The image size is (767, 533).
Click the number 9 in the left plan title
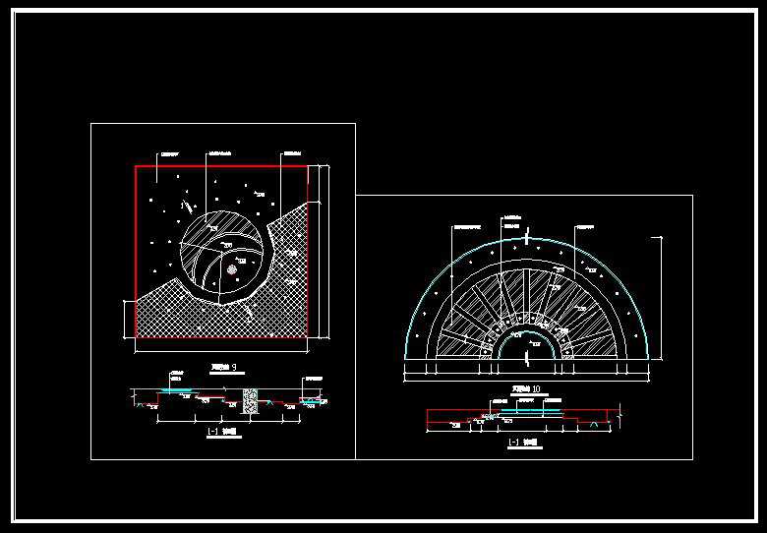[x=232, y=368]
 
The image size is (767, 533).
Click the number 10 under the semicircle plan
[x=534, y=388]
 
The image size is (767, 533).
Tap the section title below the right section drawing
[x=521, y=442]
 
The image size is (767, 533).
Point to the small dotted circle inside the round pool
[x=231, y=267]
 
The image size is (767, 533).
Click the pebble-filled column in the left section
[x=249, y=399]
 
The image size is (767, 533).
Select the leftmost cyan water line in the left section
[x=178, y=390]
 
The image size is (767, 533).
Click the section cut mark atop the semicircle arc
[x=528, y=237]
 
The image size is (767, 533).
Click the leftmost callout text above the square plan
[x=171, y=153]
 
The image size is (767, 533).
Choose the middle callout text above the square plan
[x=220, y=153]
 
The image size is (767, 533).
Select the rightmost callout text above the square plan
[x=291, y=153]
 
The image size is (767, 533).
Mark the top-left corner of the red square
[x=136, y=166]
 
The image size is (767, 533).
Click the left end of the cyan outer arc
[x=404, y=356]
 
